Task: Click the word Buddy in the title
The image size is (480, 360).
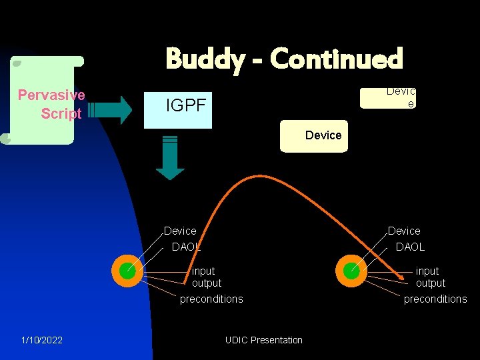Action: [x=205, y=59]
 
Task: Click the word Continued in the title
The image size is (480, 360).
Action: [x=337, y=59]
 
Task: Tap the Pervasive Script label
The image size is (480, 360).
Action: [x=51, y=104]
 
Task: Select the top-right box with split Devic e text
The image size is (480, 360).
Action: [x=388, y=97]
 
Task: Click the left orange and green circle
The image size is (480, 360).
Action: [x=126, y=270]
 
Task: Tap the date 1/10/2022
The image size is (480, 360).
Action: [x=42, y=340]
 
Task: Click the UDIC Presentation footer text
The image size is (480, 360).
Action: [x=264, y=340]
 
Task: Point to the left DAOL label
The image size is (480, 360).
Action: [x=186, y=247]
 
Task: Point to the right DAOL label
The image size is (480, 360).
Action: [x=410, y=247]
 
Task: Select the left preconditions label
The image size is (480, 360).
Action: [x=211, y=299]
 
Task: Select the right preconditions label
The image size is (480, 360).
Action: [x=435, y=299]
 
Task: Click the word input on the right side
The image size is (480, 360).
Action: [x=427, y=271]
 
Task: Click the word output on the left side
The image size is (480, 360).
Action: [x=207, y=283]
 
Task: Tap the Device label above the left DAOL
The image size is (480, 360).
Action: [x=180, y=231]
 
